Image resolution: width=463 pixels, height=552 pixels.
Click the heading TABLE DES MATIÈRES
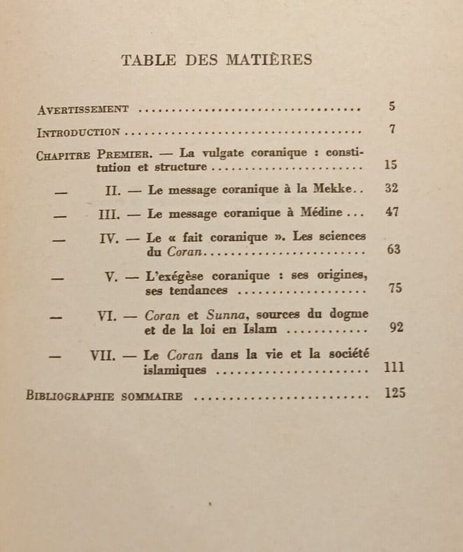(x=217, y=59)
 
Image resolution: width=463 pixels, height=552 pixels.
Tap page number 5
(x=392, y=107)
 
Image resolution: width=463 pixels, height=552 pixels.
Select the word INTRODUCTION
(x=78, y=131)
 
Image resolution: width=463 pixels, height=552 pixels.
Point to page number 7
(x=393, y=129)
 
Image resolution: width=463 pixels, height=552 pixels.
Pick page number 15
(x=392, y=165)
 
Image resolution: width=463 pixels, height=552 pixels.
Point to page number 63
(x=394, y=249)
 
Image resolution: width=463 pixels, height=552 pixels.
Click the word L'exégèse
(x=176, y=275)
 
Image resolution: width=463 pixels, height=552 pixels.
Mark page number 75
(x=395, y=288)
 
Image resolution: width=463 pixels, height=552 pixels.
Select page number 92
(x=397, y=327)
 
